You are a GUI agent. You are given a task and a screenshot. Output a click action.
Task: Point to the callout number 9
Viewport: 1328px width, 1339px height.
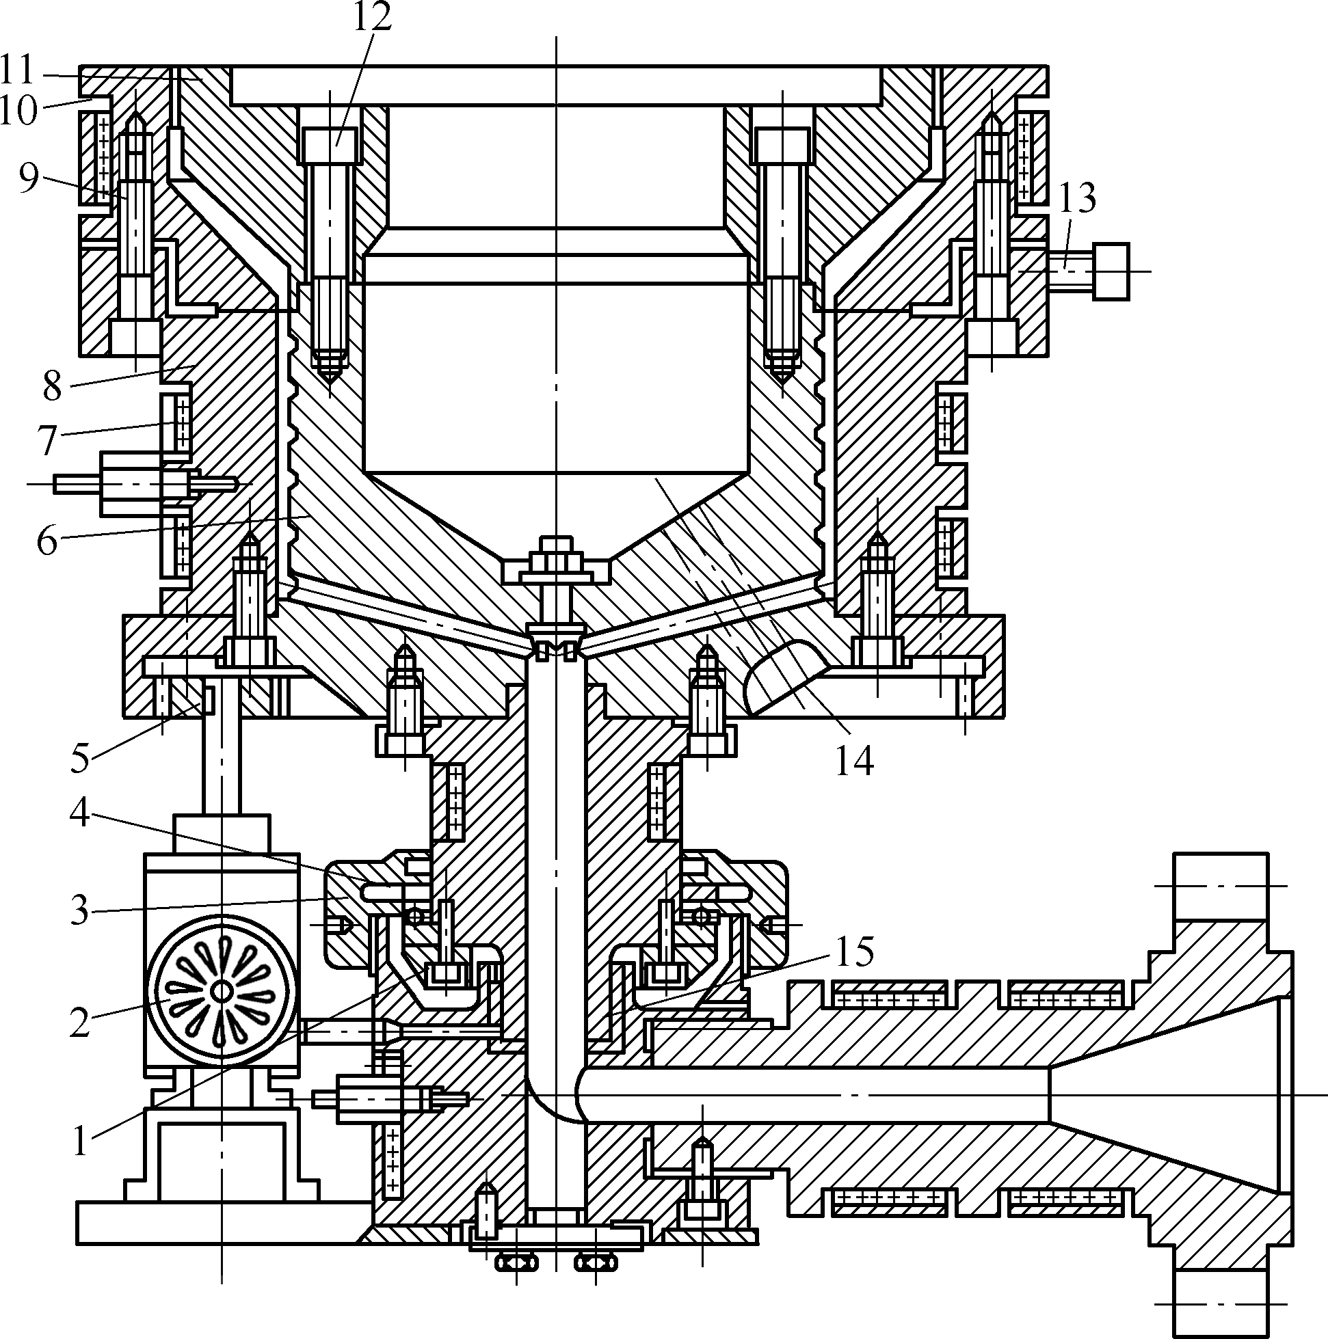29,178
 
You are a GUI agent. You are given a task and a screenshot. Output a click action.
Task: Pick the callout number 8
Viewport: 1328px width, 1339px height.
53,386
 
